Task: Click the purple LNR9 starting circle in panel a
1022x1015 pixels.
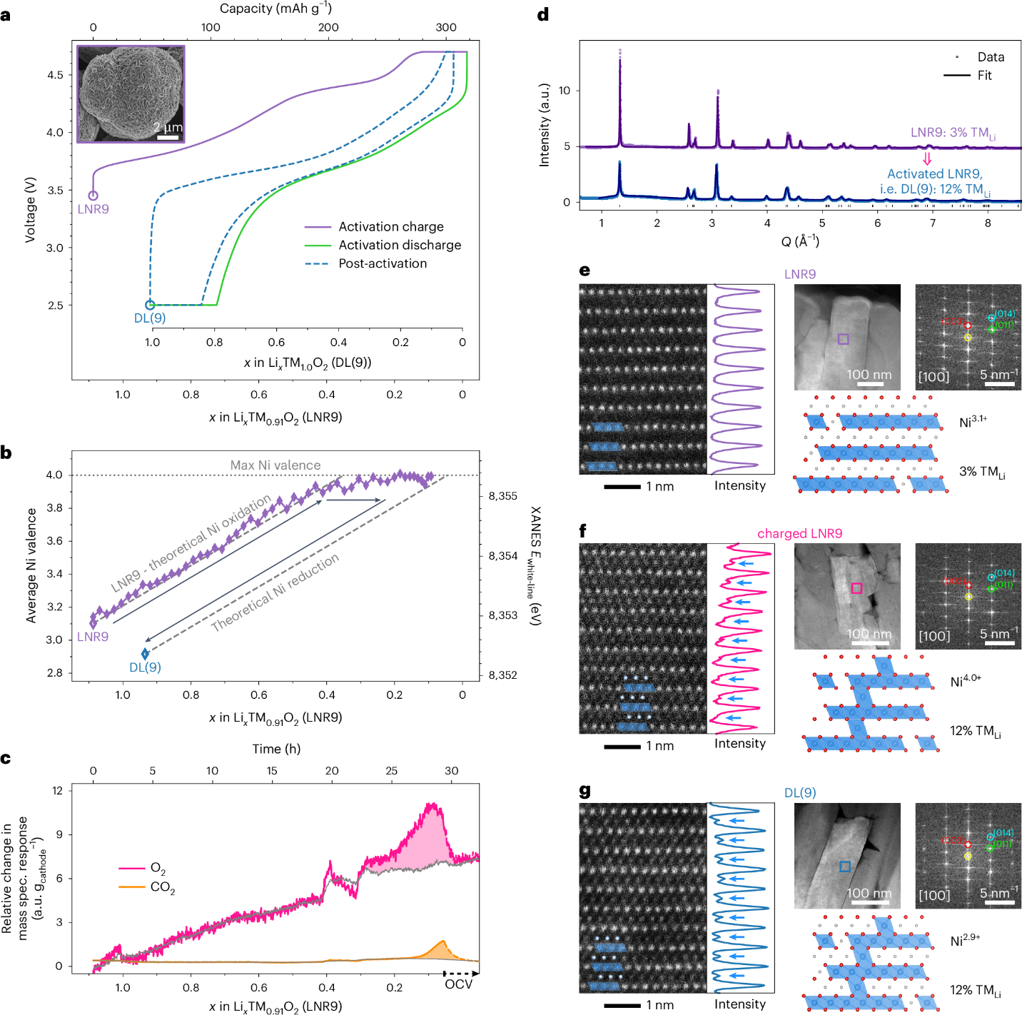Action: [x=93, y=196]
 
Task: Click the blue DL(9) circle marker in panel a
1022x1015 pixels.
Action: [x=150, y=305]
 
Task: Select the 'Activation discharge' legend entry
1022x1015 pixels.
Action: [x=400, y=245]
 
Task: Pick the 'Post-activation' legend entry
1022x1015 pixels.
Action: [x=383, y=263]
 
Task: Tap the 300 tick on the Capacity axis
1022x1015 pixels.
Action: [x=446, y=27]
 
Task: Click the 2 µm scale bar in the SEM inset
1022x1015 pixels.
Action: [x=168, y=136]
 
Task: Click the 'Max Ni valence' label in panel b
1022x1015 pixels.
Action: [x=275, y=465]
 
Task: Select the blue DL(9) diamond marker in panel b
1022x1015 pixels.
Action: [x=146, y=654]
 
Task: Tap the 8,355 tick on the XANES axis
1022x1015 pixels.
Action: [x=502, y=496]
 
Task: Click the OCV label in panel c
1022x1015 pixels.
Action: [x=458, y=984]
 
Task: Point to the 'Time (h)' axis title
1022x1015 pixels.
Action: [x=276, y=749]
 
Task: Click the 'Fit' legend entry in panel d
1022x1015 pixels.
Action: [x=984, y=76]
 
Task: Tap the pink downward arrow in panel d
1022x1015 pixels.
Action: [x=927, y=158]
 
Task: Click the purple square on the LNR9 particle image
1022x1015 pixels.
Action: [x=843, y=339]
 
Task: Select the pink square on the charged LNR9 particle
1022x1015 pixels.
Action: [x=856, y=588]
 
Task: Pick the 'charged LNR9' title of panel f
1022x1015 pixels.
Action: [x=799, y=533]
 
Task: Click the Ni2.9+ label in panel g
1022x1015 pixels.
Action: [x=965, y=941]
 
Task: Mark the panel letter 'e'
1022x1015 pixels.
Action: [x=585, y=271]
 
